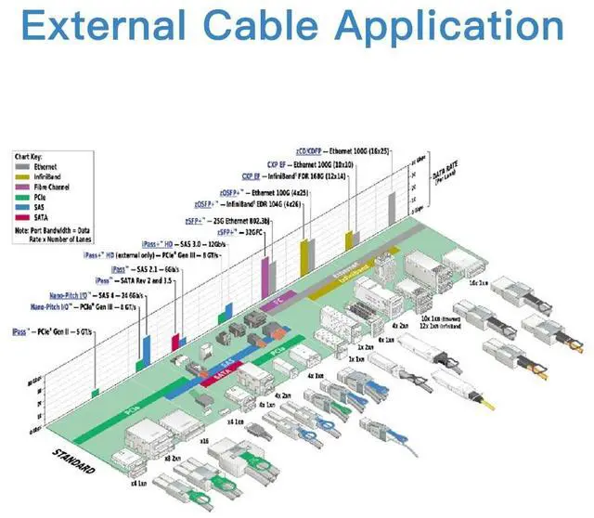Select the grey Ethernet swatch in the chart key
point(19,166)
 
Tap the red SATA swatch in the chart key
point(19,213)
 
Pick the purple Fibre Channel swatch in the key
point(19,185)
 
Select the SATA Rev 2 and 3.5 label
point(130,279)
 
